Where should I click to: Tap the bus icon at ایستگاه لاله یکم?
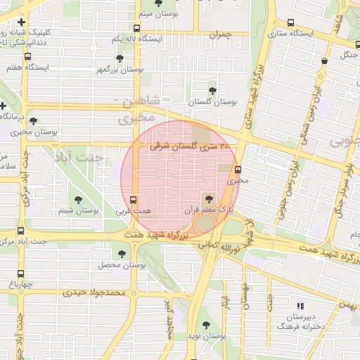[136, 30]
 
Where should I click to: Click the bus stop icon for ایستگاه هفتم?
[27, 57]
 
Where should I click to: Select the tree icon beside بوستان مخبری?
[33, 121]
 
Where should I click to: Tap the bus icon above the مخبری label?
[238, 169]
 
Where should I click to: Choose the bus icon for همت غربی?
[134, 199]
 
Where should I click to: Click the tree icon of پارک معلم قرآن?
[207, 199]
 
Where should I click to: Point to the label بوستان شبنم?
[78, 210]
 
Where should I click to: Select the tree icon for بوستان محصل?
[122, 255]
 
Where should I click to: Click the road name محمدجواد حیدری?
[92, 292]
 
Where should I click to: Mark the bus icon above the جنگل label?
[323, 61]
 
